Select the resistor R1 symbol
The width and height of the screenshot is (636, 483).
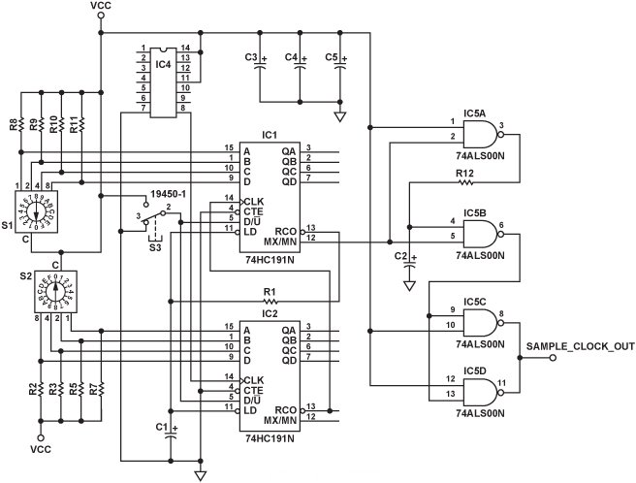(269, 300)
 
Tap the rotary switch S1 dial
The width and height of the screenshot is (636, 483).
(40, 210)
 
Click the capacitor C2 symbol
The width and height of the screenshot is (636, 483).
(409, 261)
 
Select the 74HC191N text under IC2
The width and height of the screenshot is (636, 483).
(270, 438)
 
